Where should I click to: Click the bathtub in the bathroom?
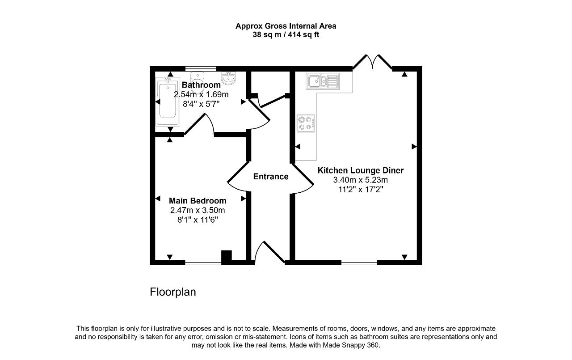(x=168, y=102)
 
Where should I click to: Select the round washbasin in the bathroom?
(x=228, y=78)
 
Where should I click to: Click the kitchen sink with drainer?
(x=323, y=81)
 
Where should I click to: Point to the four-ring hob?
(x=306, y=123)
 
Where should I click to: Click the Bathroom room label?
(x=201, y=85)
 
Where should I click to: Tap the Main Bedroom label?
(x=198, y=201)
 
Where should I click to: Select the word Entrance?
(x=271, y=177)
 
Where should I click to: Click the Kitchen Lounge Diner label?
(x=361, y=170)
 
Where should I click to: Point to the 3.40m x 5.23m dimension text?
(x=360, y=180)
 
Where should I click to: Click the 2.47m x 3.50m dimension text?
(x=198, y=210)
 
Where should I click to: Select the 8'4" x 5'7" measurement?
(x=201, y=104)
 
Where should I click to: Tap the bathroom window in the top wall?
(x=201, y=69)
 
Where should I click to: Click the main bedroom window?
(x=203, y=263)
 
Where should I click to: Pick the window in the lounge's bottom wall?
(x=359, y=263)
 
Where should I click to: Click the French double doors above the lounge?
(x=373, y=62)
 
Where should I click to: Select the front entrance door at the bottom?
(x=269, y=252)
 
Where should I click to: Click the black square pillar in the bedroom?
(x=226, y=255)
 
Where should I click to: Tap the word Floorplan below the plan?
(x=173, y=292)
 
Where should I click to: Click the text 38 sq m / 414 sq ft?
(x=286, y=34)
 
